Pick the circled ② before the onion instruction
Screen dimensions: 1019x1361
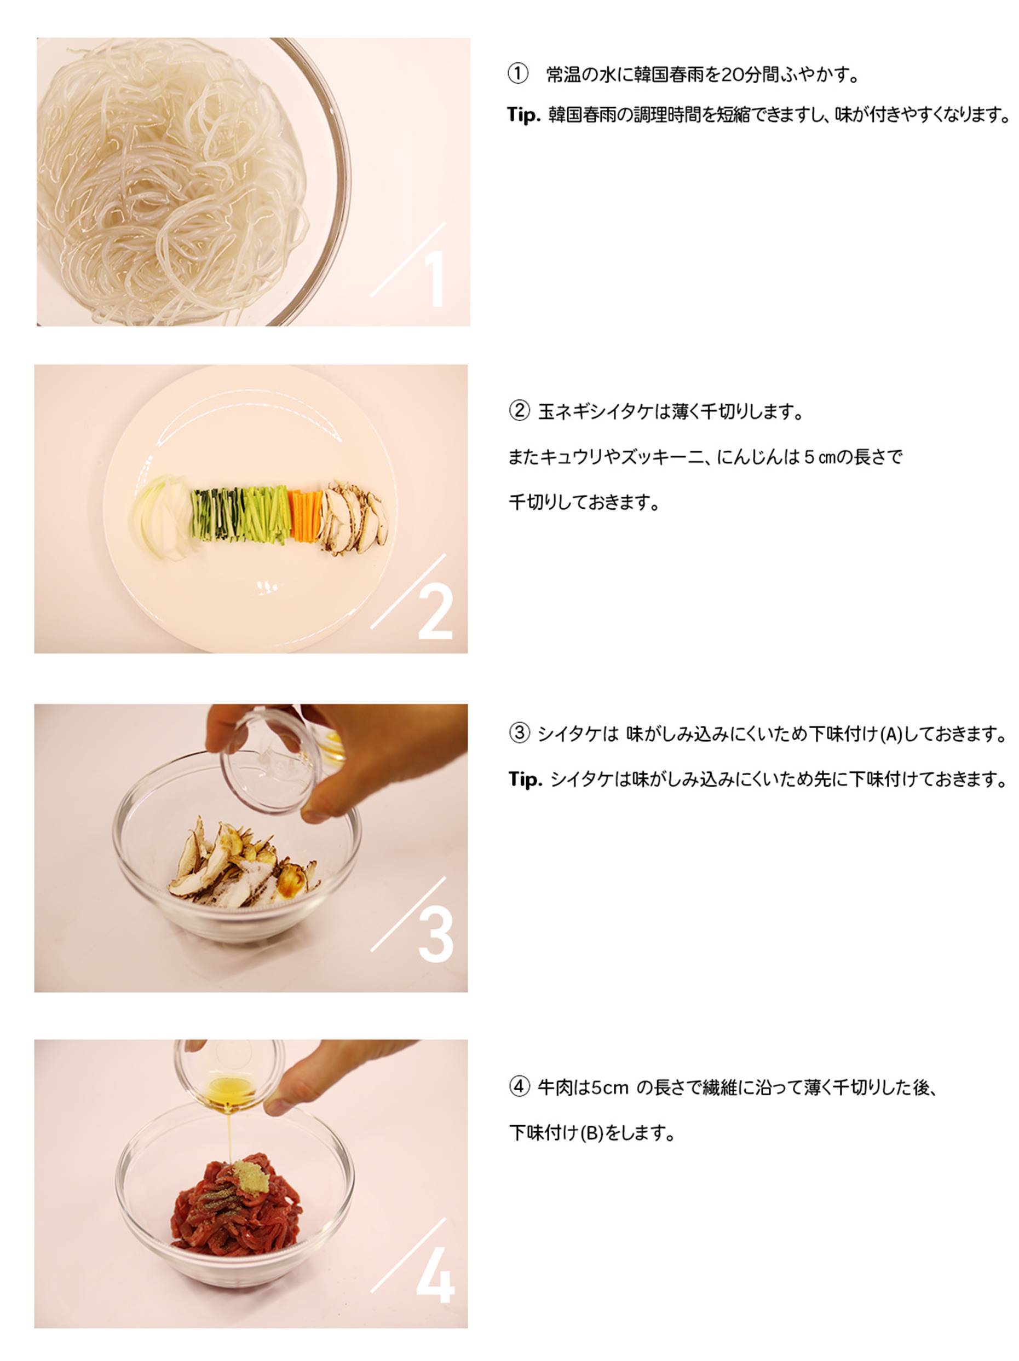coord(519,410)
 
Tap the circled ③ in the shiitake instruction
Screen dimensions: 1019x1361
coord(519,733)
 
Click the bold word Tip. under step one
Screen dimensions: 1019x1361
coord(524,115)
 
